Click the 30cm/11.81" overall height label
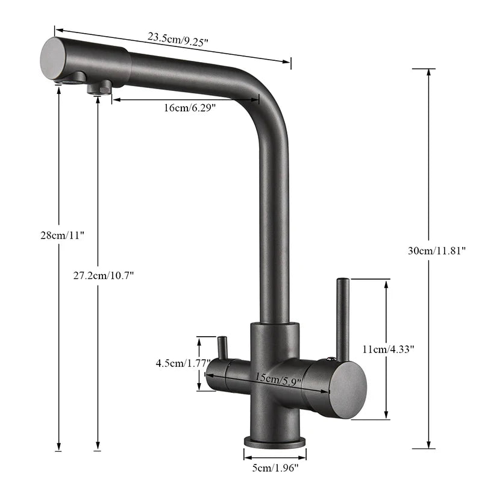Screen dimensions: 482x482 coord(437,251)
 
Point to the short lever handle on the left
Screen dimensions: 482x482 coord(222,348)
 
